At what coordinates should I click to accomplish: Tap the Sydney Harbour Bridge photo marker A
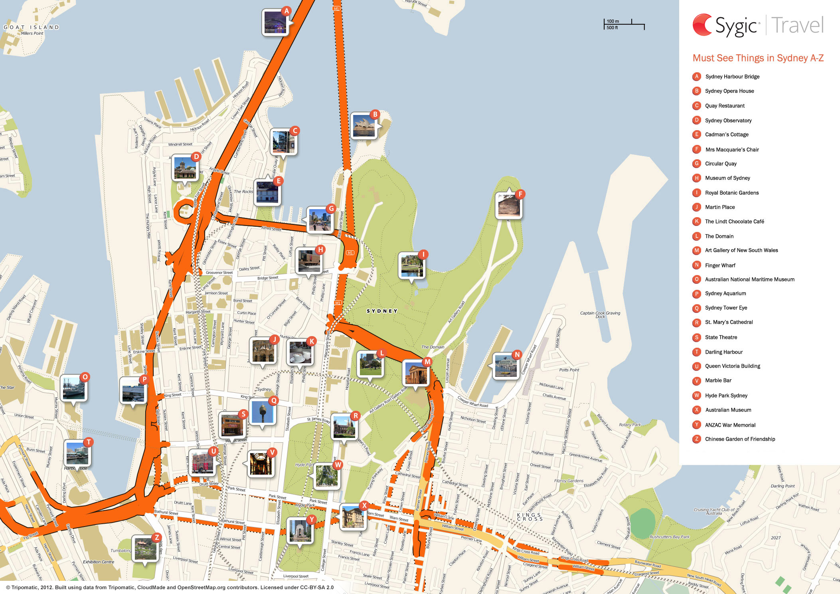coord(275,23)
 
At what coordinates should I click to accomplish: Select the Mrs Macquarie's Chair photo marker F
coord(508,206)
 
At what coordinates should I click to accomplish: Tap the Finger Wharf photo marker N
coord(506,366)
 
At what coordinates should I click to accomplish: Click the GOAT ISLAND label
coord(31,27)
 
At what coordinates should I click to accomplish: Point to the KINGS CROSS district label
coord(530,517)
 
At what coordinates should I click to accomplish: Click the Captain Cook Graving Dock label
coord(600,314)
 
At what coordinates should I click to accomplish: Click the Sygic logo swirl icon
coord(702,25)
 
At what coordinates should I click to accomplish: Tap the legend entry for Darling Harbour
coord(723,352)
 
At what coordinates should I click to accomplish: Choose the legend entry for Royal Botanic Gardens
coord(731,192)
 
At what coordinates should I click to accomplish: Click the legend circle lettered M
coord(697,250)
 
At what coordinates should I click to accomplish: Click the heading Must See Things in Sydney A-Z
coord(758,58)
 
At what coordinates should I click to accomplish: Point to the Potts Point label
coord(569,370)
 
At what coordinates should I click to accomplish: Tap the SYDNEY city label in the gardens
coord(382,311)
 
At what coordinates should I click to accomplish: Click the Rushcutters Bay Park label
coord(669,537)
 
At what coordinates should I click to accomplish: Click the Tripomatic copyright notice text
coord(170,587)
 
